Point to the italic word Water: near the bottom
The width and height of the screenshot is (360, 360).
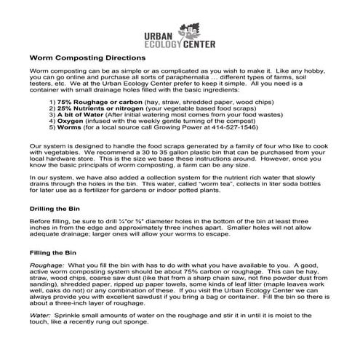(x=40, y=316)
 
